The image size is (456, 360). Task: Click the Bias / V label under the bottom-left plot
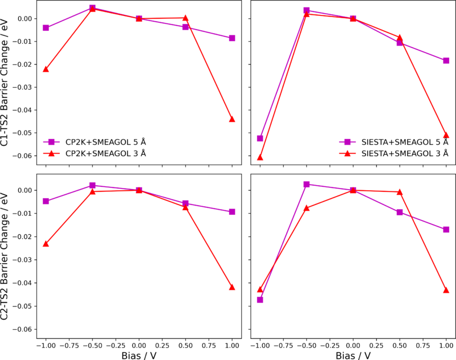[x=139, y=355]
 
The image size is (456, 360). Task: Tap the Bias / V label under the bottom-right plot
[x=353, y=355]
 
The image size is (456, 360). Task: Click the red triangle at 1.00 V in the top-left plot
[x=232, y=119]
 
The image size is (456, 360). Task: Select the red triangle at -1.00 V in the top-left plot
[x=46, y=69]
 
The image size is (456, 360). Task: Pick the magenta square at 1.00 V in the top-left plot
[x=232, y=38]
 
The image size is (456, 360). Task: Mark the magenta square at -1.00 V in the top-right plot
[x=260, y=138]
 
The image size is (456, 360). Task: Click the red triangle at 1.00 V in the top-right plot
[x=446, y=135]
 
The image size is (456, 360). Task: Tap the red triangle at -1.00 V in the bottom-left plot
[x=46, y=244]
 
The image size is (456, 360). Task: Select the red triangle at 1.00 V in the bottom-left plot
[x=232, y=287]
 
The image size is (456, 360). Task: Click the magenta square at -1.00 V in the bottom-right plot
[x=260, y=300]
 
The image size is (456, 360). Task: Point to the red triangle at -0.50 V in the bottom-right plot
[x=307, y=208]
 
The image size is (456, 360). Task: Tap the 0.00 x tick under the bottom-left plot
[x=139, y=345]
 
